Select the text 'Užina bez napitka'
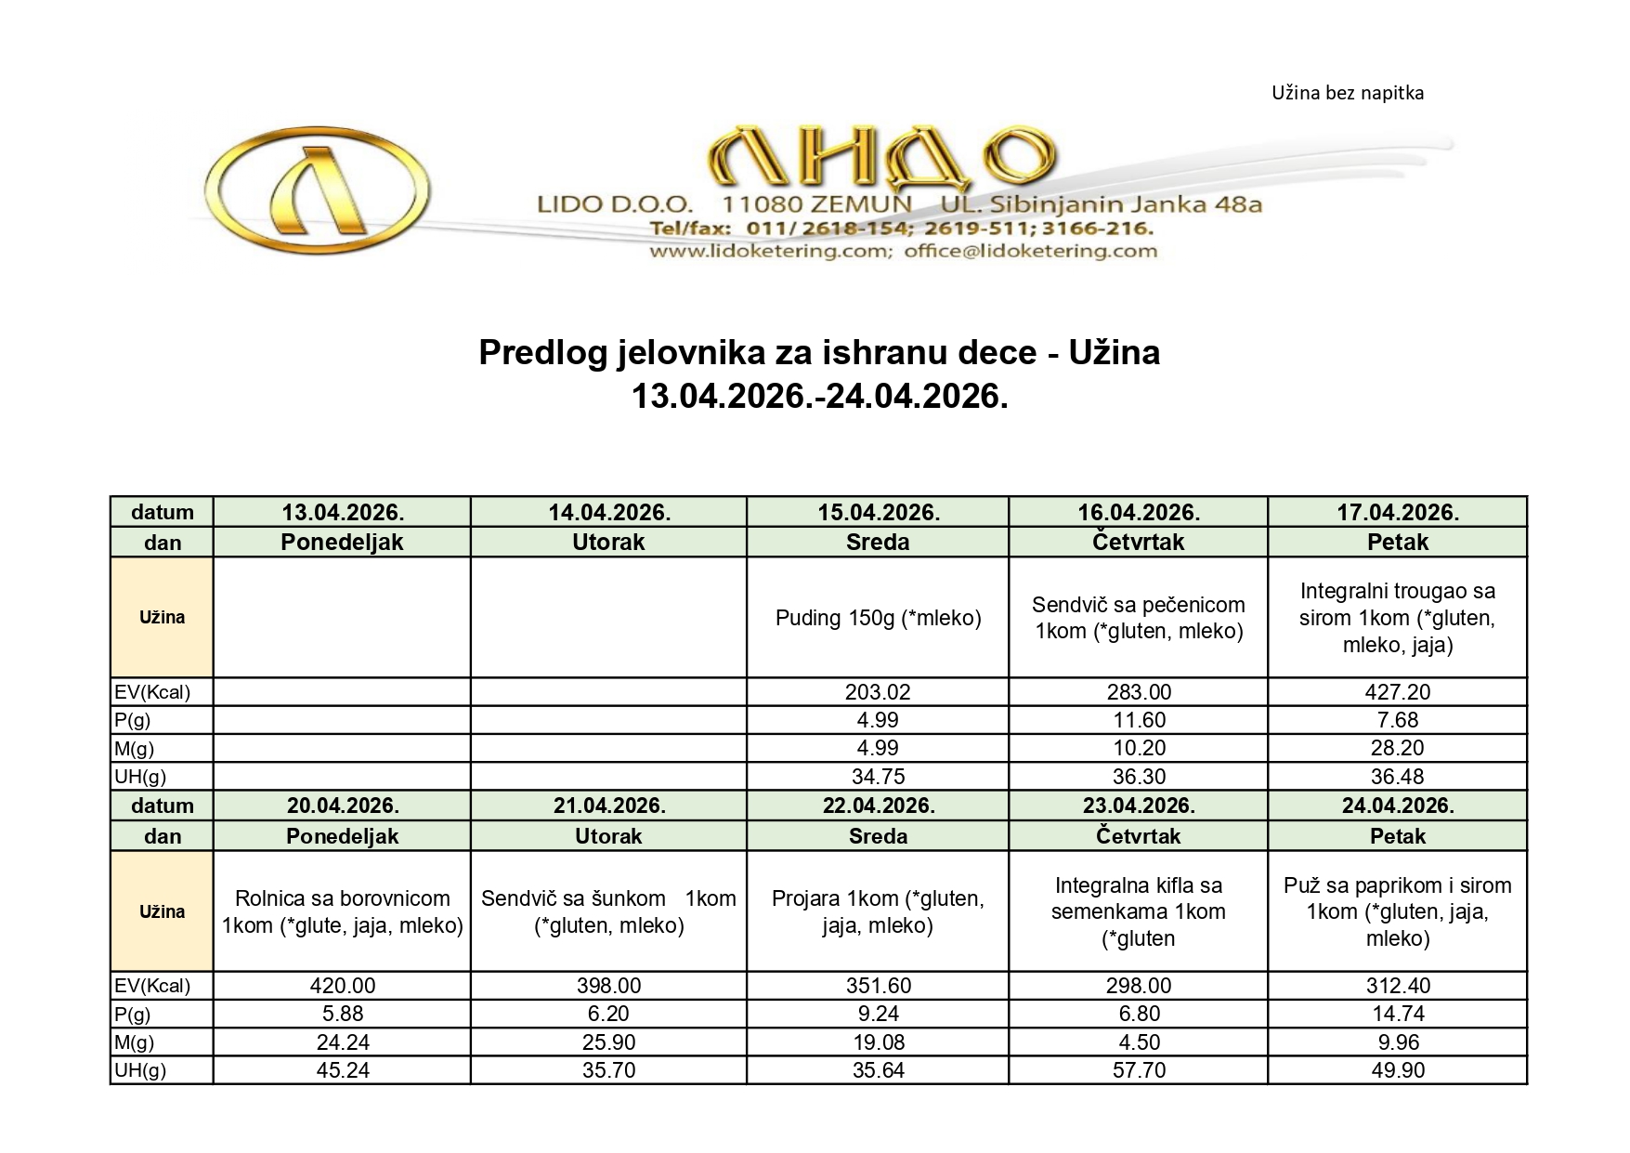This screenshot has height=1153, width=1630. pos(1347,93)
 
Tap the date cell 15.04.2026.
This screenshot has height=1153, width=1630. pos(878,512)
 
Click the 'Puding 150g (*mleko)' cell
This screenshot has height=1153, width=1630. pos(878,618)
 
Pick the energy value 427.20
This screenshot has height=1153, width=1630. pos(1397,692)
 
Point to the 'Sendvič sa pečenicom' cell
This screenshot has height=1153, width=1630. pos(1138,618)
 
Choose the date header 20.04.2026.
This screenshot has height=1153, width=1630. pos(343,806)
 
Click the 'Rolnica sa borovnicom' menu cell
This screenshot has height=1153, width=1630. pos(343,911)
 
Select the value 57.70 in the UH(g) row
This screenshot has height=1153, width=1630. pos(1138,1070)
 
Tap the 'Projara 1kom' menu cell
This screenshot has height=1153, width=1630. pos(878,911)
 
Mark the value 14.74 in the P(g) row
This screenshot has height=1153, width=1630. pos(1397,1014)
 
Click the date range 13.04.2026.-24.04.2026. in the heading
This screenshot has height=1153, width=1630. pos(819,397)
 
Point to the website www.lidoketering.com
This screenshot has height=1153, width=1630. pos(770,251)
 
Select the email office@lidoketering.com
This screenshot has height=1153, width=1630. pos(1030,251)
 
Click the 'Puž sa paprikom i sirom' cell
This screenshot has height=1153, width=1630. pos(1397,911)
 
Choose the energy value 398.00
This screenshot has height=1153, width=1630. pos(608,986)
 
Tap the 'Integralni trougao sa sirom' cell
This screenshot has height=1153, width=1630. pos(1397,618)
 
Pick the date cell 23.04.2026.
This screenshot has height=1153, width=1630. pos(1138,806)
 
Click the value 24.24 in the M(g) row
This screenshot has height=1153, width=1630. pos(343,1042)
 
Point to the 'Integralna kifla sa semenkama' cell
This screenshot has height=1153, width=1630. pos(1138,911)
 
